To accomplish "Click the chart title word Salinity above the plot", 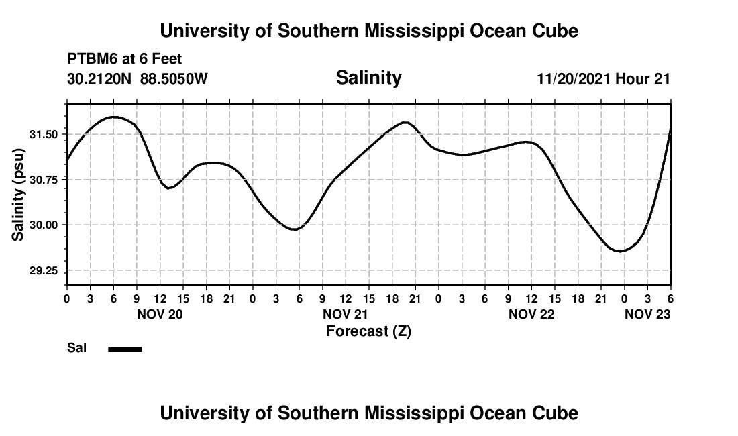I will (x=368, y=78).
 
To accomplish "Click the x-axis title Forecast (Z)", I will (x=368, y=331).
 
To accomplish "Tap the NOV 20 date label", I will (x=160, y=314).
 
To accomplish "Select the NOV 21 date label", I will (x=346, y=314).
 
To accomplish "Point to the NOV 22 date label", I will (x=531, y=314).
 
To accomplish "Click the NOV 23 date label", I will (x=647, y=314).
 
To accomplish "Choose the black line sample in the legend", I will (x=125, y=349).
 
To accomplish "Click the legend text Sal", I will (x=76, y=348).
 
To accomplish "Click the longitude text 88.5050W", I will (x=174, y=78).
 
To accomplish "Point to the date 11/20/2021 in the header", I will (x=574, y=78).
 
